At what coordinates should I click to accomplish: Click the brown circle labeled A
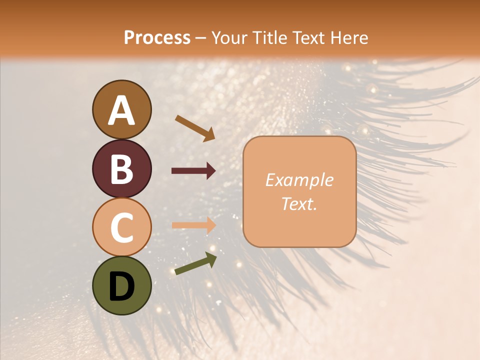[121, 109]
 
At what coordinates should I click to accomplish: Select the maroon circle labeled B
[121, 168]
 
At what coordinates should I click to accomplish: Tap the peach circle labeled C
[121, 227]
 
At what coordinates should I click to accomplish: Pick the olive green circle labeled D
[121, 285]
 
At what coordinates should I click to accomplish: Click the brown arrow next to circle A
[195, 128]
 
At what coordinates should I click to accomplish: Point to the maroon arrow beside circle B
[193, 171]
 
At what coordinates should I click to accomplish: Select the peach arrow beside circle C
[193, 225]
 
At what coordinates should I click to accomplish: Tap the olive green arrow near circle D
[195, 264]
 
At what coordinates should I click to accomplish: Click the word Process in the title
[157, 37]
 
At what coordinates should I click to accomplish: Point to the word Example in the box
[299, 180]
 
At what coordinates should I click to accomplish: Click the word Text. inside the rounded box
[299, 203]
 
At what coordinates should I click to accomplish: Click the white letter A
[121, 110]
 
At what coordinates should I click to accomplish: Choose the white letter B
[121, 169]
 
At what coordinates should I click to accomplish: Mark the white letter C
[121, 227]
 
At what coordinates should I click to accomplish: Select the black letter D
[121, 286]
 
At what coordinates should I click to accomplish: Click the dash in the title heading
[201, 38]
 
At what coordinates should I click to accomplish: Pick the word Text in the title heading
[310, 37]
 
